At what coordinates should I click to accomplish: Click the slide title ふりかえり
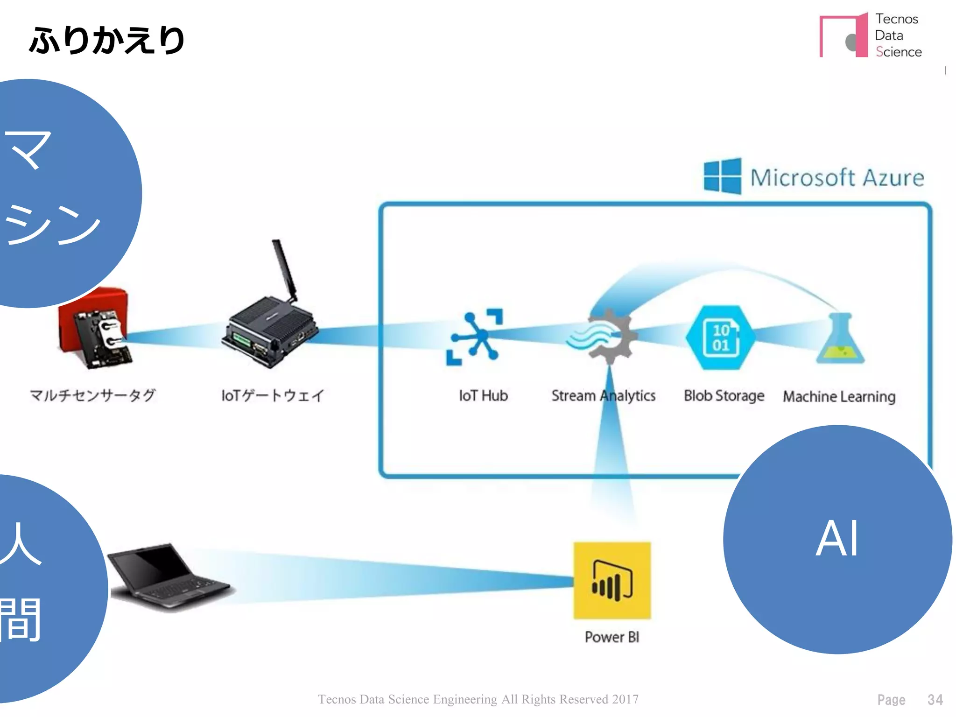click(x=107, y=40)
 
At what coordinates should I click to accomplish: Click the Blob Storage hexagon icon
click(x=720, y=337)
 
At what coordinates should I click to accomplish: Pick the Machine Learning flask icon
click(x=840, y=339)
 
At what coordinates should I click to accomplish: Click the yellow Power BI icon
click(x=612, y=581)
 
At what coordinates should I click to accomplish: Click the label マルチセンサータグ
click(x=92, y=395)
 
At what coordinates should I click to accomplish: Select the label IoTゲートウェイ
click(x=273, y=395)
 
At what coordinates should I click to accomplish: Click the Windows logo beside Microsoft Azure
click(x=722, y=176)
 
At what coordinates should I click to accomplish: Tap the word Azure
click(x=893, y=178)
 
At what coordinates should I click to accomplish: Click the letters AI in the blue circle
click(x=837, y=539)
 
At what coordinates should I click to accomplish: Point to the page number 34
click(x=935, y=699)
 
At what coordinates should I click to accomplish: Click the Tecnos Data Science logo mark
click(x=844, y=36)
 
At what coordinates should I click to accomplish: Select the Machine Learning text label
click(x=839, y=397)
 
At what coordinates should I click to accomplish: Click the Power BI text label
click(x=612, y=637)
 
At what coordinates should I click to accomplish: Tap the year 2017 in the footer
click(x=625, y=699)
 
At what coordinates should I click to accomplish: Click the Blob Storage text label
click(x=724, y=396)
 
